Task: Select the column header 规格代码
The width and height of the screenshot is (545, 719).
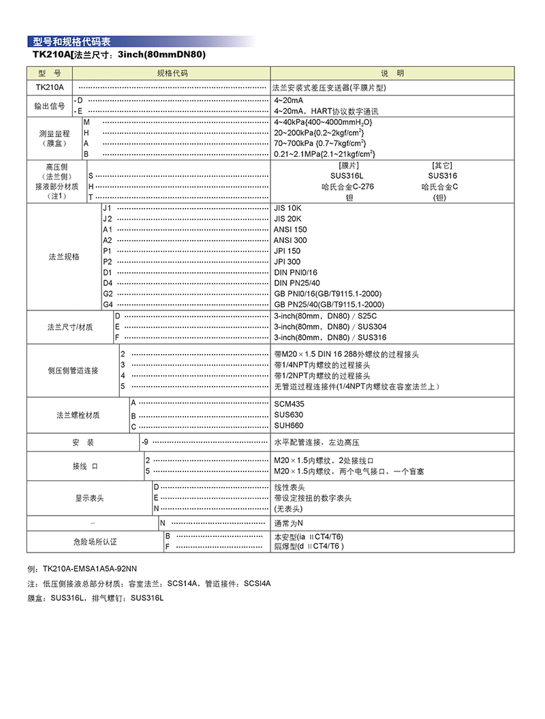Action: point(172,74)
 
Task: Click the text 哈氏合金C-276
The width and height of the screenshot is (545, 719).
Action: point(348,186)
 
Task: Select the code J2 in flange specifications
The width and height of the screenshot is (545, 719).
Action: point(107,218)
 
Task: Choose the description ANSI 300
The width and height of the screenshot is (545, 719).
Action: point(290,240)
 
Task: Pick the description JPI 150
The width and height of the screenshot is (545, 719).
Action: point(287,251)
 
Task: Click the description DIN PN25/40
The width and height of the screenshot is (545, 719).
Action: point(297,282)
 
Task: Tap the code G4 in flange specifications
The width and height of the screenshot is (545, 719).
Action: point(108,304)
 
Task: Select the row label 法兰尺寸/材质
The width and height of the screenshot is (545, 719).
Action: point(70,327)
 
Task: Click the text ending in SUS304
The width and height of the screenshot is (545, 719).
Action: point(330,327)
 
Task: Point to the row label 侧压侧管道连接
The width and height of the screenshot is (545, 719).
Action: point(73,370)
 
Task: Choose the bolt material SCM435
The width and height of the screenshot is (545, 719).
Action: point(289,404)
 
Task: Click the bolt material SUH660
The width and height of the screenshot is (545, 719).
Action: point(289,426)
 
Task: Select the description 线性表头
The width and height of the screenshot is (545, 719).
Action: point(290,488)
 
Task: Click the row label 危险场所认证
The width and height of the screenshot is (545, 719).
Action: point(95,542)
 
